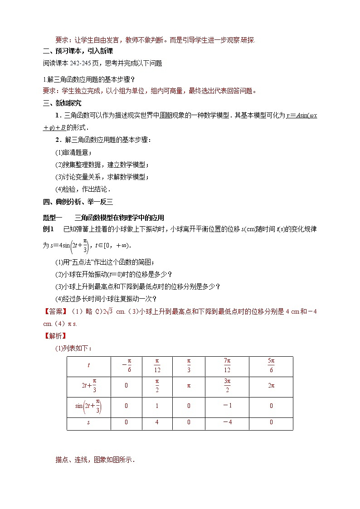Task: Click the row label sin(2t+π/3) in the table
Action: coord(88,406)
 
